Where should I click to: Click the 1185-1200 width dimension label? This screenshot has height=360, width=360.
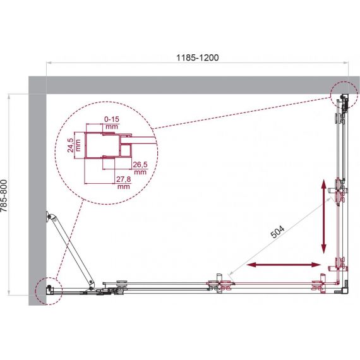pos(197,57)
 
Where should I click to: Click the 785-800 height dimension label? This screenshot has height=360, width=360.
pos(4,196)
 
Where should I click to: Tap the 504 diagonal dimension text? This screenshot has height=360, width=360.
pos(277,231)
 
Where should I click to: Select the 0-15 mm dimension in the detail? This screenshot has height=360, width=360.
pos(112,123)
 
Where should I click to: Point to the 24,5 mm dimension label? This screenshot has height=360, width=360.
pos(74,145)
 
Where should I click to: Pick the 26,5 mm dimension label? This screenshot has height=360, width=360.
pos(140,168)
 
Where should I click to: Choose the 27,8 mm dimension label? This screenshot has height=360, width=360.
pos(124,183)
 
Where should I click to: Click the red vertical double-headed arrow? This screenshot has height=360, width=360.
pos(323,216)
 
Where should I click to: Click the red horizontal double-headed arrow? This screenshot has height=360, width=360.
pos(284,265)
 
